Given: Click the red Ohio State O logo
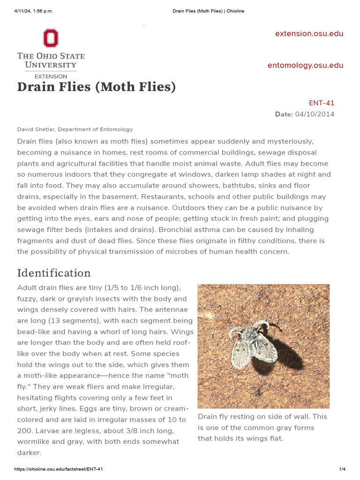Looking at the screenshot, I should pyautogui.click(x=51, y=38).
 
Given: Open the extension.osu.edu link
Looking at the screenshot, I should pyautogui.click(x=309, y=34).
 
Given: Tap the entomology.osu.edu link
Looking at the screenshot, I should pyautogui.click(x=305, y=66).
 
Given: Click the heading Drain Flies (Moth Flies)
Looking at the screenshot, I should pyautogui.click(x=96, y=87).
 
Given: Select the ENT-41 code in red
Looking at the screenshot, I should pyautogui.click(x=322, y=103).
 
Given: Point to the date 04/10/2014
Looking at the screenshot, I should pyautogui.click(x=315, y=114).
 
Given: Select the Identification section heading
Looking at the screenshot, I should pyautogui.click(x=54, y=273).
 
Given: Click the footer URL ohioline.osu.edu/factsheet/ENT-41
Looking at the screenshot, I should pyautogui.click(x=59, y=469).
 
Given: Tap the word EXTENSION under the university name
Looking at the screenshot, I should pyautogui.click(x=51, y=76).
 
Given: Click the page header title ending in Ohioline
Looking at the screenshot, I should pyautogui.click(x=205, y=11).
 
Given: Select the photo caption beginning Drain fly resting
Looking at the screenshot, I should pyautogui.click(x=262, y=427).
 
